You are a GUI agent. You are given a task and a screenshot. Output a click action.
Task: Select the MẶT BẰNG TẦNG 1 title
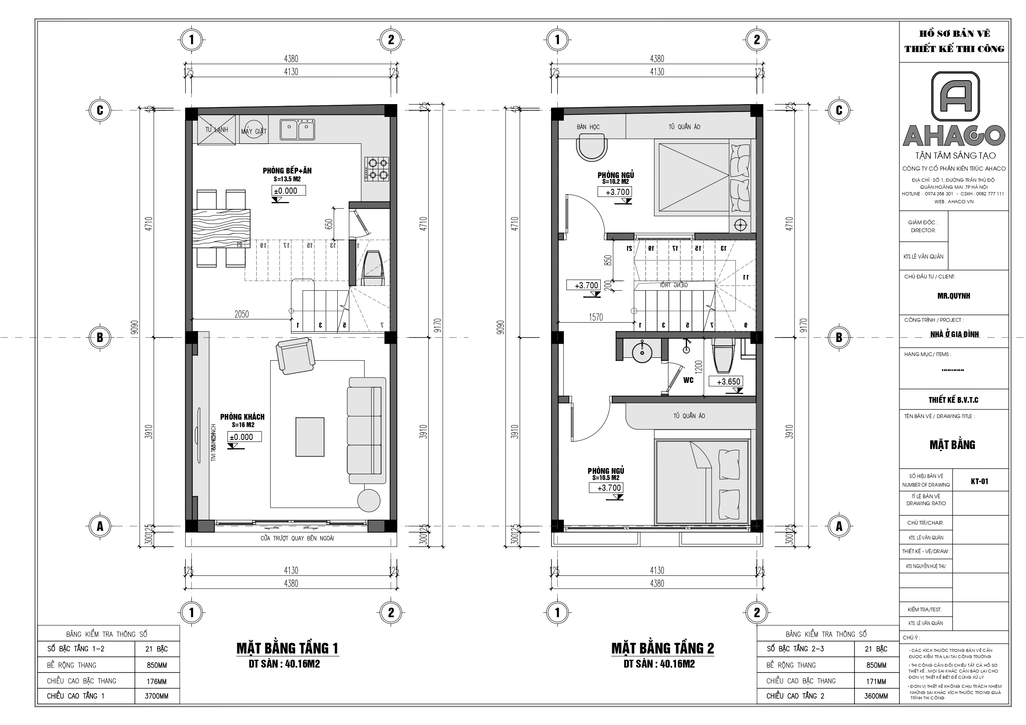point(287,648)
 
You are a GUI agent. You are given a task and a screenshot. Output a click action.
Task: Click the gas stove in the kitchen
point(377,169)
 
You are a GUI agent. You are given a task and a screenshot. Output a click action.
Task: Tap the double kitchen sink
point(297,130)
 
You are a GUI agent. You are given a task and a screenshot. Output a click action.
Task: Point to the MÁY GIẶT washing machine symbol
point(253,130)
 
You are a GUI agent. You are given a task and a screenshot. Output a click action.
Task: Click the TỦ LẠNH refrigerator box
point(216,130)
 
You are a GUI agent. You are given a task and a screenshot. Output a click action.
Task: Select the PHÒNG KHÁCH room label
point(242,417)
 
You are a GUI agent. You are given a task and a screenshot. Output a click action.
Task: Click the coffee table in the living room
point(310,437)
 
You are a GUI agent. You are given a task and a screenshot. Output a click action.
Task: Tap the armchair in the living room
point(295,355)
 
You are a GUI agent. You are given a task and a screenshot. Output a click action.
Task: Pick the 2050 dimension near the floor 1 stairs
point(241,314)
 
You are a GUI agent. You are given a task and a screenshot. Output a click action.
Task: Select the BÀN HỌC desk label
point(588,127)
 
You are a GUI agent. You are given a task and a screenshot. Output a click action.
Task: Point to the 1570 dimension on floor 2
point(596,317)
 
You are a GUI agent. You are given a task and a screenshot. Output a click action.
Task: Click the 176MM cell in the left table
point(156,681)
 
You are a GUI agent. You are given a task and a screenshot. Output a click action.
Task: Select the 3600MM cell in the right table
point(876,696)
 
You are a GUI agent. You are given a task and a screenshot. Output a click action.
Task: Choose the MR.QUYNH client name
point(954,296)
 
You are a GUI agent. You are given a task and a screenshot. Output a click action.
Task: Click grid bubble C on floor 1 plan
point(100,110)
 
